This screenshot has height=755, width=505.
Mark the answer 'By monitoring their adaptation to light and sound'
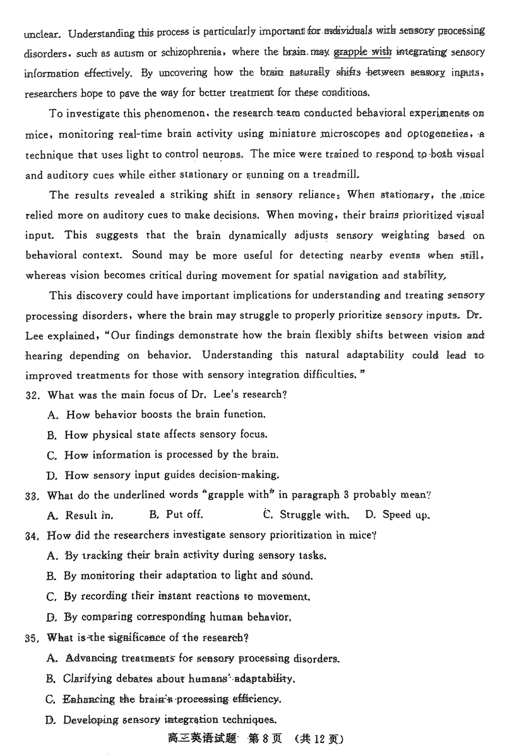click(x=179, y=576)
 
